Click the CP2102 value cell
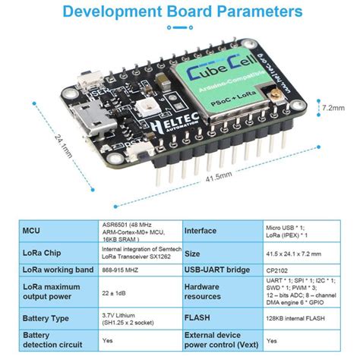[x=276, y=270]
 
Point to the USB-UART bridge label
[x=217, y=270]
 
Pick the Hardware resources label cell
[x=206, y=290]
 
